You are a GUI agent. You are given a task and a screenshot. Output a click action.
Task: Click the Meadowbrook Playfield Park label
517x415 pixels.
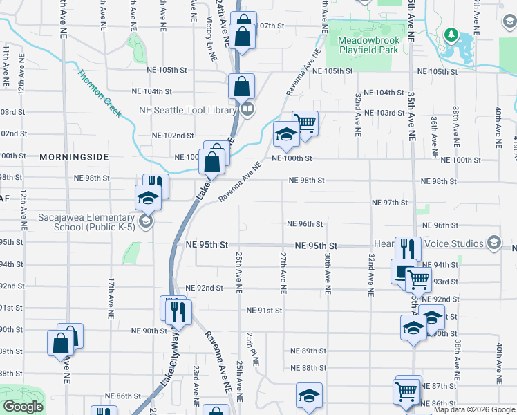[368, 46]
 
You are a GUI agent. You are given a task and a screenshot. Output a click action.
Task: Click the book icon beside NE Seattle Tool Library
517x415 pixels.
[247, 109]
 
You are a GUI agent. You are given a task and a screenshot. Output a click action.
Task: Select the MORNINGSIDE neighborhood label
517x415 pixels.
[74, 157]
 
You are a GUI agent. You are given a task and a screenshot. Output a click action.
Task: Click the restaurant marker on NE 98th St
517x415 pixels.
[156, 185]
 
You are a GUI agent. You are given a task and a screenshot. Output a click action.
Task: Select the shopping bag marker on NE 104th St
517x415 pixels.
[241, 87]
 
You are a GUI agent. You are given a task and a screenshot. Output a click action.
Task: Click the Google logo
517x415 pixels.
[23, 407]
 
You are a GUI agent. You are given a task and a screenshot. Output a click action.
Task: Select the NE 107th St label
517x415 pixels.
[270, 26]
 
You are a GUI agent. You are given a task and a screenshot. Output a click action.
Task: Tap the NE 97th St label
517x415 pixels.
[390, 203]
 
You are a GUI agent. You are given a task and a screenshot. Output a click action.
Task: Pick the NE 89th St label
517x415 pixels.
[308, 351]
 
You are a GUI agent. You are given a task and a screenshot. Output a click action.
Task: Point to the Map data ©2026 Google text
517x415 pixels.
[473, 409]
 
